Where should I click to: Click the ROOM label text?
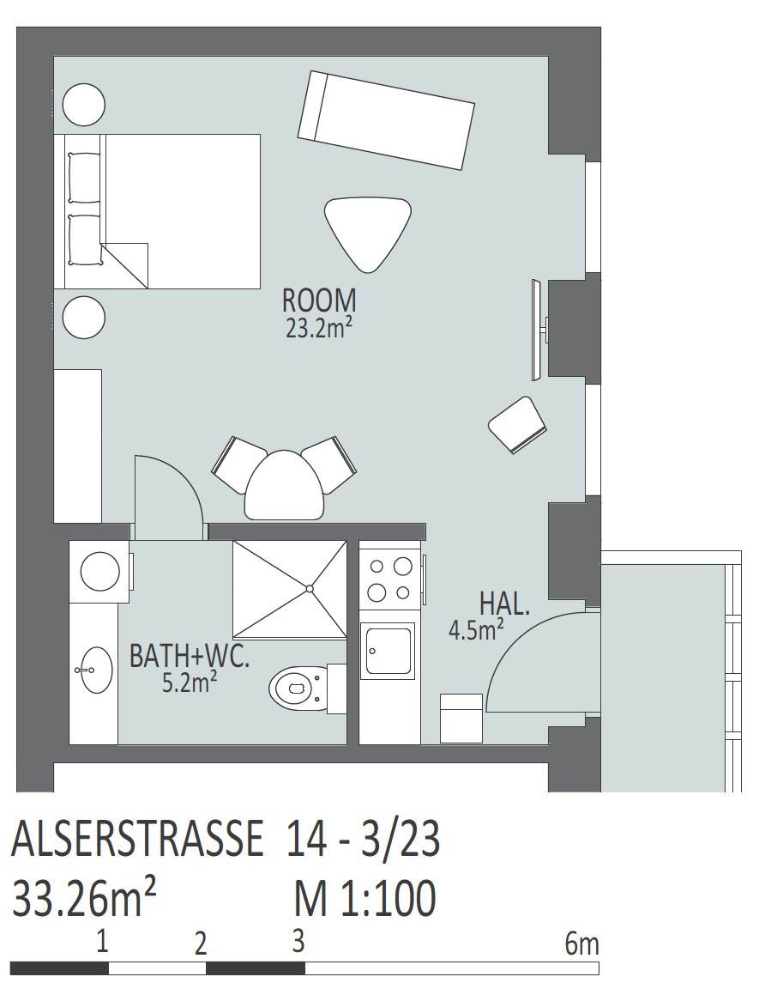[319, 300]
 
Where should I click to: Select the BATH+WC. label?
[190, 657]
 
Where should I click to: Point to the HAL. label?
[504, 604]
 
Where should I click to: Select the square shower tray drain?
[310, 588]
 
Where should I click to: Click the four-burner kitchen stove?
[389, 580]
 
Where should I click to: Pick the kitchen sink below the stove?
[387, 652]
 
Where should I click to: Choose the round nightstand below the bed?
[84, 319]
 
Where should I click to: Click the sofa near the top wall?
[386, 120]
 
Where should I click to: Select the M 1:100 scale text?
[365, 898]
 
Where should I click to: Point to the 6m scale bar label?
[581, 944]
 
